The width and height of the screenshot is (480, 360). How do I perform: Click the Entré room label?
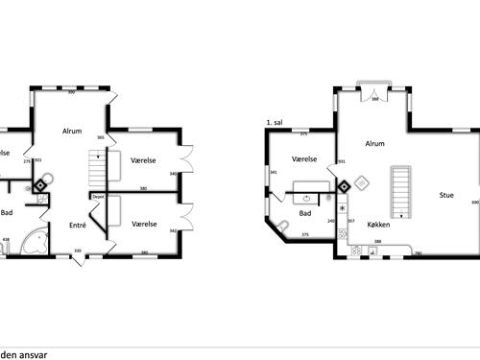pyautogui.click(x=78, y=226)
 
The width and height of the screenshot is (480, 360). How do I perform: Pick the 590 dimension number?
pyautogui.click(x=71, y=93)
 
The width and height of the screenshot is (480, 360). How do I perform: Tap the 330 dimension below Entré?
pyautogui.click(x=78, y=252)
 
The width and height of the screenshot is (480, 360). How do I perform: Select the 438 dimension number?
pyautogui.click(x=7, y=239)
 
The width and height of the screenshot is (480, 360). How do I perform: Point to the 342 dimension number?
pyautogui.click(x=173, y=230)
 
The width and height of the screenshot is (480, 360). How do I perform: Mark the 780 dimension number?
pyautogui.click(x=419, y=253)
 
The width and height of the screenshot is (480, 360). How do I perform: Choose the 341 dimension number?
pyautogui.click(x=274, y=173)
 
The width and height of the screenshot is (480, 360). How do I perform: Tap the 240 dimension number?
pyautogui.click(x=331, y=222)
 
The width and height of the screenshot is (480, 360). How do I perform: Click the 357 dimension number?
pyautogui.click(x=350, y=222)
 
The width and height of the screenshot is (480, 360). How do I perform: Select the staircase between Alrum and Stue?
pyautogui.click(x=401, y=191)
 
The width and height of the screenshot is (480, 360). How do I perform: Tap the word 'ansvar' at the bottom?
pyautogui.click(x=34, y=353)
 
